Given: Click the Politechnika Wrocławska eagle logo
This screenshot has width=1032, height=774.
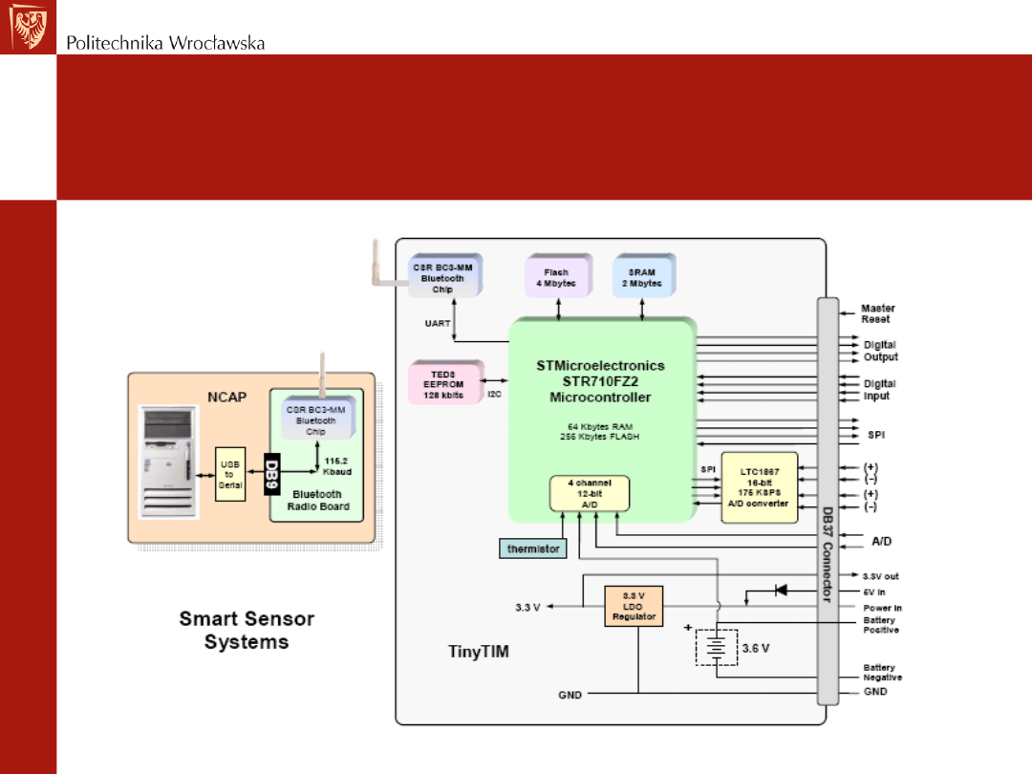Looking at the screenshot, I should [x=28, y=27].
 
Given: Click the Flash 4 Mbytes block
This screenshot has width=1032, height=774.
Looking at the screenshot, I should [x=556, y=276].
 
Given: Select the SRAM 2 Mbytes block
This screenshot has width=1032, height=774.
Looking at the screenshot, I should [x=641, y=276].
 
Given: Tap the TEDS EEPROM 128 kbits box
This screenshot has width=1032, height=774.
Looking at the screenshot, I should [x=443, y=382].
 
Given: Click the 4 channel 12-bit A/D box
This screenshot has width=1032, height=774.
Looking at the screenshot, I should [x=590, y=493].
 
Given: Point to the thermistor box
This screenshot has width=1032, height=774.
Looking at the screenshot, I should [x=532, y=548].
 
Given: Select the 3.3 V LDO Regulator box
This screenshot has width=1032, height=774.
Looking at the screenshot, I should [x=634, y=606].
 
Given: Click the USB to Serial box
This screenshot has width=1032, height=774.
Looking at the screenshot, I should [x=229, y=474].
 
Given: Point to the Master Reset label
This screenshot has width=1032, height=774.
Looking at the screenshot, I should [x=876, y=313].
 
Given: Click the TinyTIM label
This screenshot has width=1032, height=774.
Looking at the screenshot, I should [x=479, y=653].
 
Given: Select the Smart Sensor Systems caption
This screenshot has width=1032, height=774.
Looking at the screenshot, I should [x=246, y=630].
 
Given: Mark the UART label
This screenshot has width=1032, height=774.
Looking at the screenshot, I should [x=437, y=324].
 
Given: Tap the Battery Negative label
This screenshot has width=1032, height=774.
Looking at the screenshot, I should [x=881, y=673].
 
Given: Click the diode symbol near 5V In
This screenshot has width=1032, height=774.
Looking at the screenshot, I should [x=781, y=591].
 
